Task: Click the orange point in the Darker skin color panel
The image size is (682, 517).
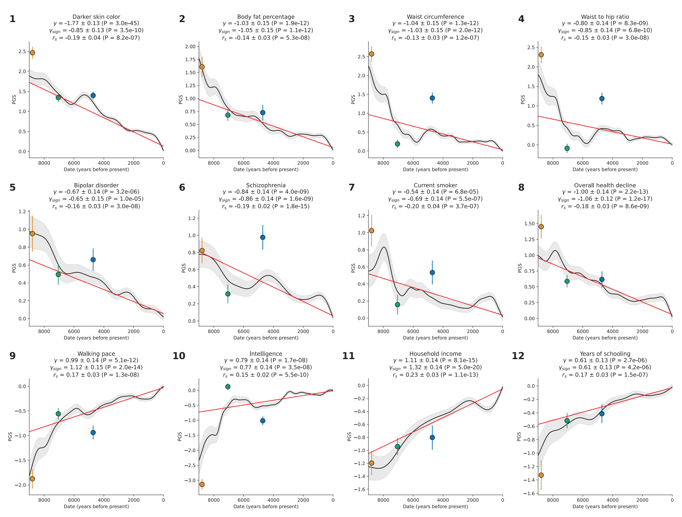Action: [32, 53]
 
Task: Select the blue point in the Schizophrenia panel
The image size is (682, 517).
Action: [263, 237]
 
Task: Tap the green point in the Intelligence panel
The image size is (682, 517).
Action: [228, 387]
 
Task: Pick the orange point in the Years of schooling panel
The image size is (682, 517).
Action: [541, 475]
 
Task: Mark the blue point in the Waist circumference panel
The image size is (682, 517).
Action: [432, 98]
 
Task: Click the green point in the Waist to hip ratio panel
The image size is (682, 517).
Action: [567, 148]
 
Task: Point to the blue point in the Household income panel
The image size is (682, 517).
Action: [432, 437]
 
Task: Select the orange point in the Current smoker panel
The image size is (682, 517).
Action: [371, 230]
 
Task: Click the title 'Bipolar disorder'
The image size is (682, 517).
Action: [96, 185]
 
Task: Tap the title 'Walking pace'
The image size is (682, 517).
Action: [96, 354]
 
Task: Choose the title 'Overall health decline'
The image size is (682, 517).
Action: [605, 185]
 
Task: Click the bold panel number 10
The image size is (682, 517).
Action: [179, 356]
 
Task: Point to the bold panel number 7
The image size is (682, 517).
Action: [352, 187]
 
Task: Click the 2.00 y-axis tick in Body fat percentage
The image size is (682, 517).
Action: [190, 46]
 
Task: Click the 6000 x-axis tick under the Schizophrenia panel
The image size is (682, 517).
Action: [244, 331]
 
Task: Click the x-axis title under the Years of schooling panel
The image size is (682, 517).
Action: [605, 506]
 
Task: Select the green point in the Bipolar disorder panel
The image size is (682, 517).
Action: [58, 274]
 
